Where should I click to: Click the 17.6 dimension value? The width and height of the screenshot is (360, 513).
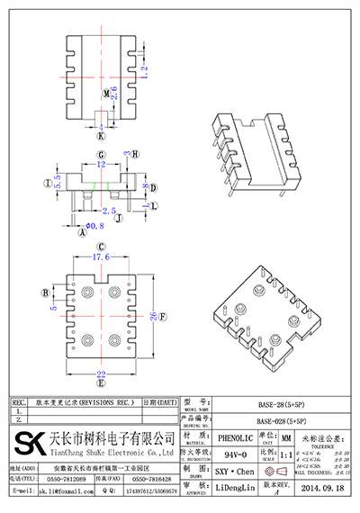(x=101, y=257)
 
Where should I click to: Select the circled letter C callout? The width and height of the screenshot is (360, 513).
(x=101, y=246)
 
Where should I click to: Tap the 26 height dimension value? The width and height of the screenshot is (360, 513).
(x=162, y=317)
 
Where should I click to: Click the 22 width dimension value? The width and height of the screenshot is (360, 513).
(x=101, y=375)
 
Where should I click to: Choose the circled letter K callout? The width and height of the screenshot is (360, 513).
(x=101, y=137)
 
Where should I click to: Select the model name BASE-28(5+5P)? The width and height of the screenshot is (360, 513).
(x=282, y=407)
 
